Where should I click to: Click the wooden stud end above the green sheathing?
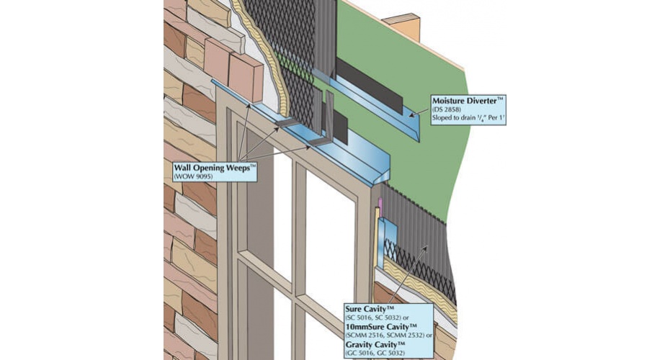[403, 27]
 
